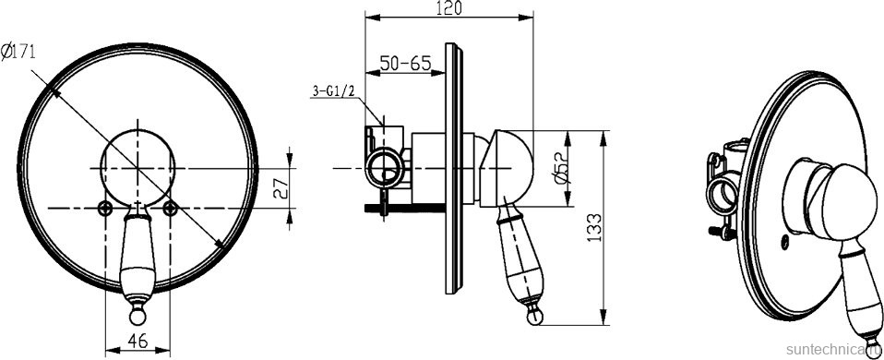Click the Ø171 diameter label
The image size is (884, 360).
pos(18,53)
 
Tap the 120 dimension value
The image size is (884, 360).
pos(449,8)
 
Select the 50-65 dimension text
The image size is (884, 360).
pos(405,63)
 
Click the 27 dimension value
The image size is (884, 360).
pos(281,188)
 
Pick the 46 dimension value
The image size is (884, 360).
pos(137,341)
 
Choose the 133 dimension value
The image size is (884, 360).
pos(595,227)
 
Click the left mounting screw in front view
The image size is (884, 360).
pos(104,209)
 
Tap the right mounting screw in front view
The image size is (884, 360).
pos(171,209)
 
